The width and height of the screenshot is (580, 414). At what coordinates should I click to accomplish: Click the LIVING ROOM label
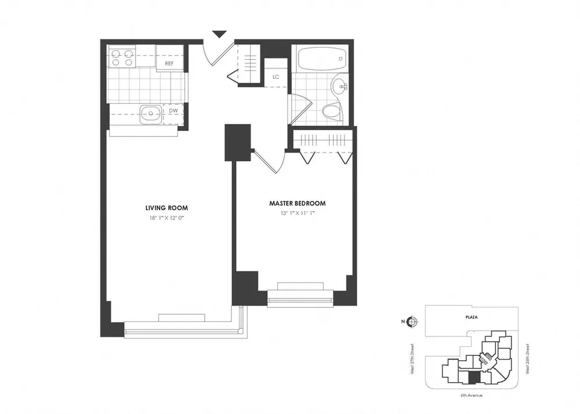pos(166,208)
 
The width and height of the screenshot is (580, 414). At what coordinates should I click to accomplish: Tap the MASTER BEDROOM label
pos(297,204)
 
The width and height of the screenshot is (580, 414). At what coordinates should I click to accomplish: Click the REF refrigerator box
pos(170,63)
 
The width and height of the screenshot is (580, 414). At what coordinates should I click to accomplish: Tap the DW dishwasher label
pos(173,111)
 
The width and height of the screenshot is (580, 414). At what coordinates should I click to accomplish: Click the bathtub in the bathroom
pos(321,58)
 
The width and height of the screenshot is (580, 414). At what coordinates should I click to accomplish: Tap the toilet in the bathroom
pos(332,111)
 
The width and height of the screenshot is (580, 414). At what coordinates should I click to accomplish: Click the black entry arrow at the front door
pos(219,35)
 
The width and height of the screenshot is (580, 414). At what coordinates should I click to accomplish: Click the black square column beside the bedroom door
pos(237,142)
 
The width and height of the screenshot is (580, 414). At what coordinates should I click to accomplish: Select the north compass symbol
pos(412,321)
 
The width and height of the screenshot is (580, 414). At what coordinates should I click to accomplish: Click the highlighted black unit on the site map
pos(474,377)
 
